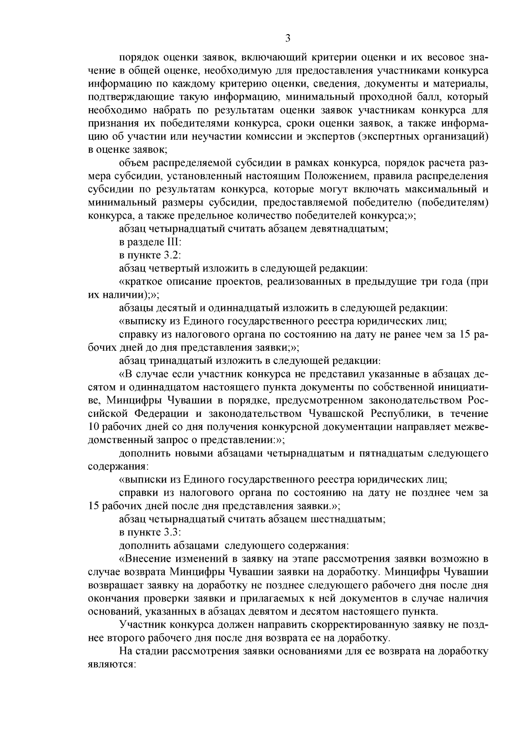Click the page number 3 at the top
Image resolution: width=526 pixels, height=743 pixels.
coord(288,38)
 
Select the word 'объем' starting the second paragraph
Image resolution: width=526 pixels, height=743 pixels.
coord(133,163)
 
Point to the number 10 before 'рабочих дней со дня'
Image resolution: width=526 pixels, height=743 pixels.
coord(95,427)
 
